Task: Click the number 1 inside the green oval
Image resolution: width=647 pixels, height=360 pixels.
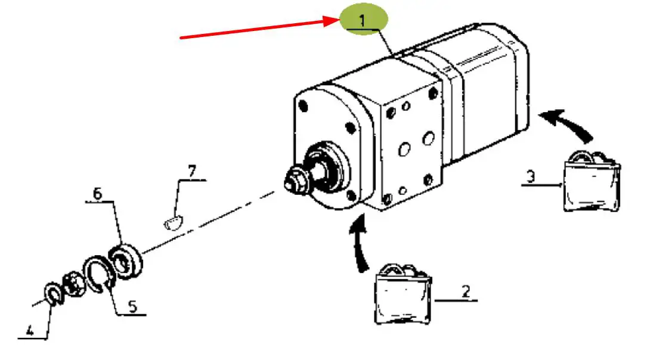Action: click(364, 19)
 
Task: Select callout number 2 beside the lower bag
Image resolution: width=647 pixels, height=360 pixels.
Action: click(466, 291)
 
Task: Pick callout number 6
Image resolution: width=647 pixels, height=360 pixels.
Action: click(97, 193)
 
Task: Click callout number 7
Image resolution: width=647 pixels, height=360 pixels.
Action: click(191, 172)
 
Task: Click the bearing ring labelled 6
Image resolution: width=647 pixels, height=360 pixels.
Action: click(126, 259)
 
